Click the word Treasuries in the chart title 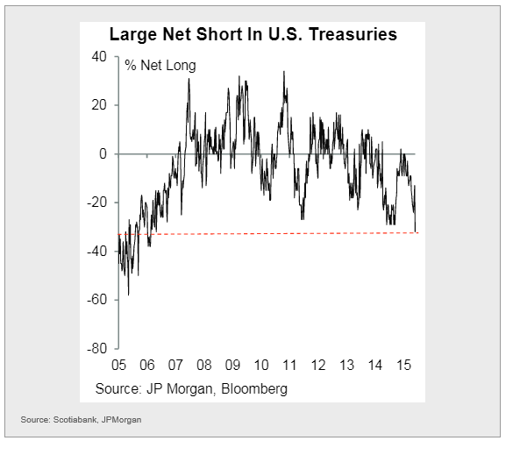tap(353, 34)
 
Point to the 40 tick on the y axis tap(99, 57)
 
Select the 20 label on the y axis tap(99, 105)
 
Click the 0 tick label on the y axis tap(103, 154)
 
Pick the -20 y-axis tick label tap(96, 203)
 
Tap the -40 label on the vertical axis tap(96, 251)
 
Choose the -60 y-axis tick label tap(96, 300)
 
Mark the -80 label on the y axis tap(96, 349)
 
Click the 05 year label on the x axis tap(118, 365)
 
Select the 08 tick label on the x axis tap(204, 365)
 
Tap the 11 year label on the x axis tap(289, 365)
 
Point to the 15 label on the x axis tap(404, 365)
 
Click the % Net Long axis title tap(160, 66)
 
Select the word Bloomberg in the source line tap(254, 389)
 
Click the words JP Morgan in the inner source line tap(179, 389)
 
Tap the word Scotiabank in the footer tap(75, 420)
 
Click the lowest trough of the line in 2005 tap(128, 295)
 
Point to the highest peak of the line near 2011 tap(284, 71)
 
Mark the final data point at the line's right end tap(415, 231)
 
